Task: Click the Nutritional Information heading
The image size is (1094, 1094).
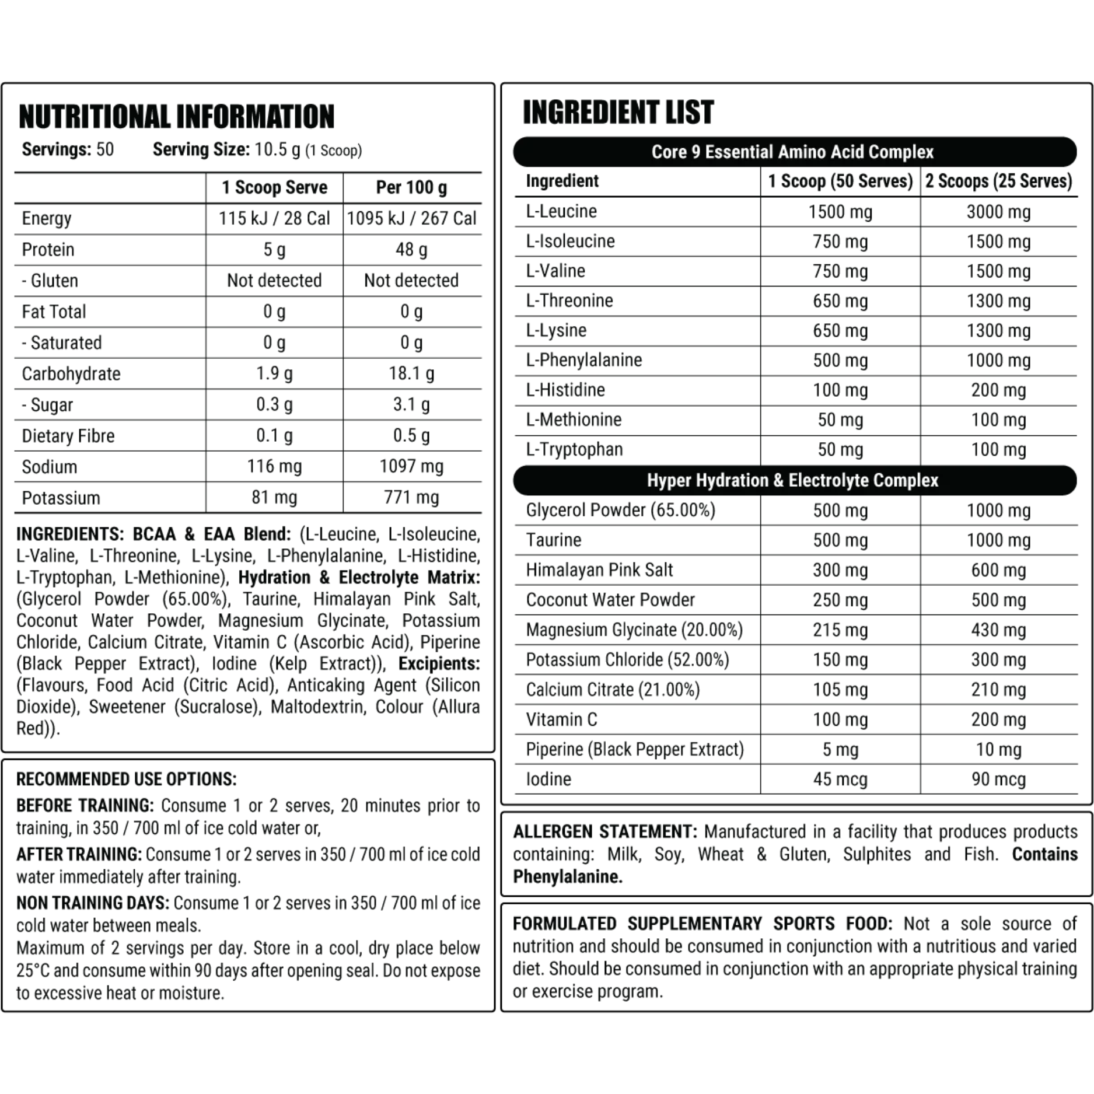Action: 176,116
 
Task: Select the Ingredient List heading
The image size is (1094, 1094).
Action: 618,112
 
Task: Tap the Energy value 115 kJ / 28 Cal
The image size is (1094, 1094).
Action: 274,218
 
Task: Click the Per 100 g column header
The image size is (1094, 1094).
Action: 411,187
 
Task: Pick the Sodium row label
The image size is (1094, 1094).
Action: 50,467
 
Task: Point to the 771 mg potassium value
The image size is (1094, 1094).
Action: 411,497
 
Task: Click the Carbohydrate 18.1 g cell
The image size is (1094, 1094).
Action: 411,373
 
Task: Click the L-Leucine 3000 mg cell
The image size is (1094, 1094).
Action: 998,212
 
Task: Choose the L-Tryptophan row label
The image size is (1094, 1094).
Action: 574,449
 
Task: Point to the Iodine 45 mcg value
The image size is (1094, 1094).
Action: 840,779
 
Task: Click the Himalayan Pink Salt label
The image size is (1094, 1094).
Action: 599,569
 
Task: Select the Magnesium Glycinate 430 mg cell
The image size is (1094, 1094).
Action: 998,630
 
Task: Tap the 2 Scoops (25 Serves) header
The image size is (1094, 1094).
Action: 998,181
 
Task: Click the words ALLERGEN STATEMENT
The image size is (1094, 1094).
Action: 604,831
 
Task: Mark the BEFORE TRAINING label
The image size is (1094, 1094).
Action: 85,806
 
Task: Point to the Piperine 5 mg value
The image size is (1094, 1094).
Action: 840,749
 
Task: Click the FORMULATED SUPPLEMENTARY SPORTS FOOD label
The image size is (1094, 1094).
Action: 702,924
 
